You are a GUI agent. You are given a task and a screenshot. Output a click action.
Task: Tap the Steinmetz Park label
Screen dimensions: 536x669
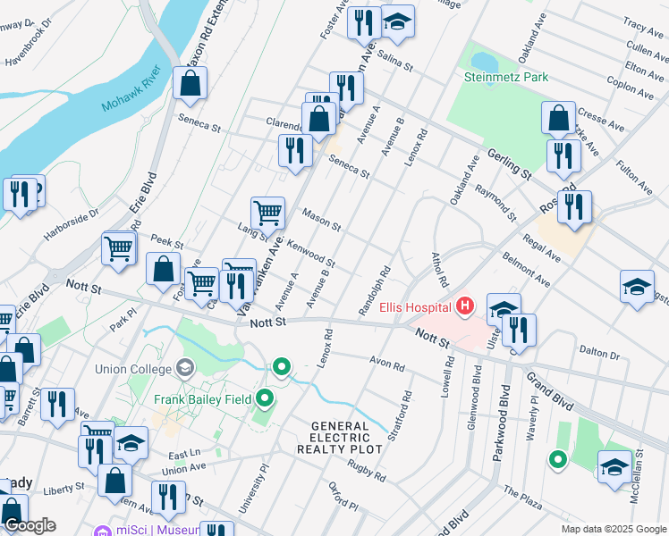coord(506,78)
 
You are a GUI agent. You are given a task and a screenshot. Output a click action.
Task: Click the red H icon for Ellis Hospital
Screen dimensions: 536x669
coord(464,307)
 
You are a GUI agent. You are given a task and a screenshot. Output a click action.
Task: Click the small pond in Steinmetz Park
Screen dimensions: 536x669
coord(484,61)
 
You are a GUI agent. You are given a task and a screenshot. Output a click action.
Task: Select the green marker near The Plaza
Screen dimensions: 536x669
coord(558,460)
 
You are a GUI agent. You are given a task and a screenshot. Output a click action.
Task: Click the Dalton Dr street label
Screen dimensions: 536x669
coord(599,351)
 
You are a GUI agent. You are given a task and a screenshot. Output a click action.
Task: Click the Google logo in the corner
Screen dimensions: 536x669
coord(29,525)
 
